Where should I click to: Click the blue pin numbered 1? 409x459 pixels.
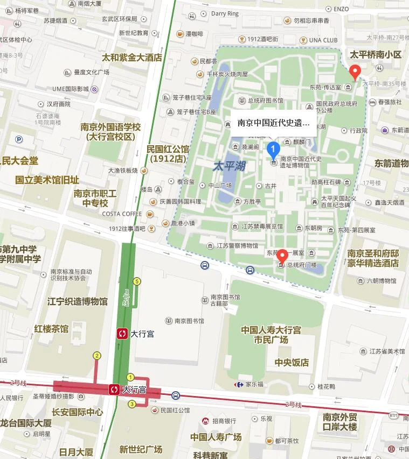point(274,149)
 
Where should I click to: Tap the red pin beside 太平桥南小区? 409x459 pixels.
point(355,70)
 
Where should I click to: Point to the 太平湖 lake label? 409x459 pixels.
point(229,166)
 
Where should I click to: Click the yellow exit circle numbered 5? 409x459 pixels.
point(137,281)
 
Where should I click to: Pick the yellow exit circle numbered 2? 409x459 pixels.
point(97,355)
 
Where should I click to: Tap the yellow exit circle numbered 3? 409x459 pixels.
point(131,404)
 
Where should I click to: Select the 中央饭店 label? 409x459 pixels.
point(292,362)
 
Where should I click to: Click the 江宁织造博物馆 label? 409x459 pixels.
point(78,301)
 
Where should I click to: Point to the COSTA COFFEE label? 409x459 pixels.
point(122,214)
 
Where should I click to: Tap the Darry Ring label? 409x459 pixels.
point(225,13)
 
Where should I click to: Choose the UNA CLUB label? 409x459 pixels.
point(323,40)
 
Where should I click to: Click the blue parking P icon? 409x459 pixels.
point(19,139)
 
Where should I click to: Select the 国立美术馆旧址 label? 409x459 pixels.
point(47,180)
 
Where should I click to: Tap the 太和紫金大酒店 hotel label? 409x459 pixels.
point(132,57)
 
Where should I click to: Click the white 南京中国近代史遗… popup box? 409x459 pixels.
point(274,123)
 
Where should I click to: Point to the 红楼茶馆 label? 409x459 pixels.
point(51,328)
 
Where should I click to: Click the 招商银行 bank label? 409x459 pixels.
point(224,421)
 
